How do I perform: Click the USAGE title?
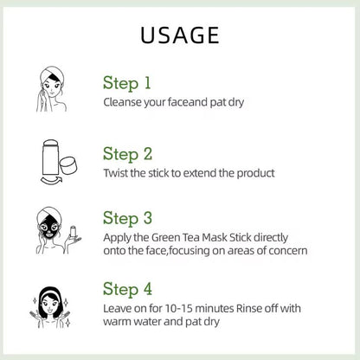[180, 35]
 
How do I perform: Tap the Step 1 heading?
[127, 83]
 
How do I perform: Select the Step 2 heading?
[127, 154]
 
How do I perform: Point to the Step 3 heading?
[127, 218]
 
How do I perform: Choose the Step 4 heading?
[127, 289]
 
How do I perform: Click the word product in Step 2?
[255, 173]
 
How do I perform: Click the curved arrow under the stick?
[51, 180]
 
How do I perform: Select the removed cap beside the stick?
[68, 165]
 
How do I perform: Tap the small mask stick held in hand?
[73, 232]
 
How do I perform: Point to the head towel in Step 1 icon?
[52, 74]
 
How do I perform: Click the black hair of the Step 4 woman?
[51, 301]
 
